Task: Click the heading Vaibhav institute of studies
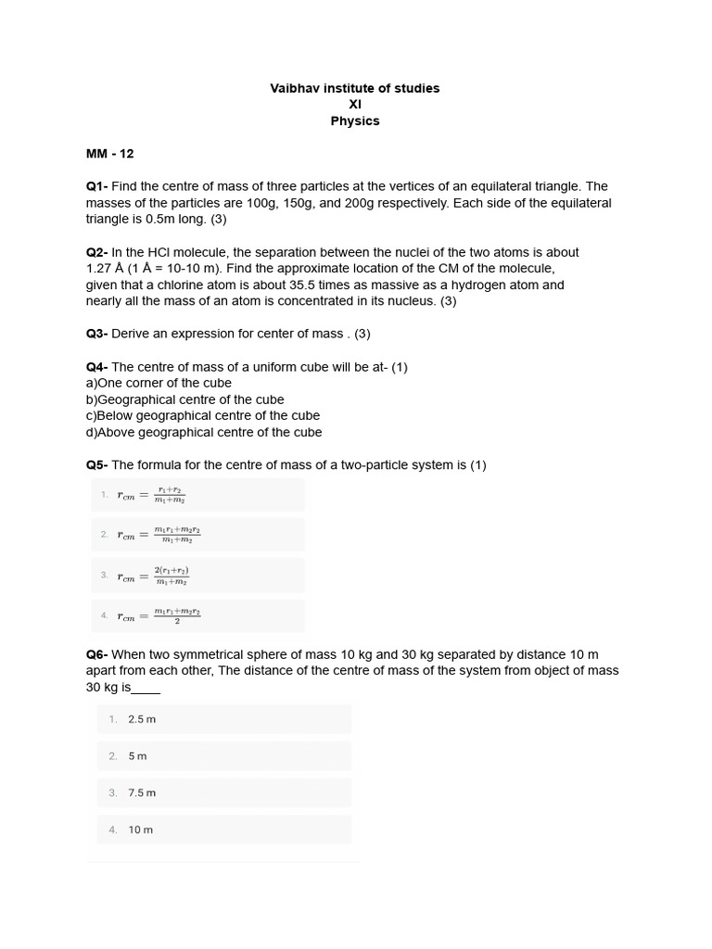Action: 354,88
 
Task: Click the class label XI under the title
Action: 355,105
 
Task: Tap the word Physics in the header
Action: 355,121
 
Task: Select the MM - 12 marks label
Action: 110,154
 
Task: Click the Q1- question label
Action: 97,186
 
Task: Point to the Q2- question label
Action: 97,252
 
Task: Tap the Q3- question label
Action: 97,334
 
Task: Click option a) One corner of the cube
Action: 159,383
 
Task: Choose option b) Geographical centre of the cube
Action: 184,399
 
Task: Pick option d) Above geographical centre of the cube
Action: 204,432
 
